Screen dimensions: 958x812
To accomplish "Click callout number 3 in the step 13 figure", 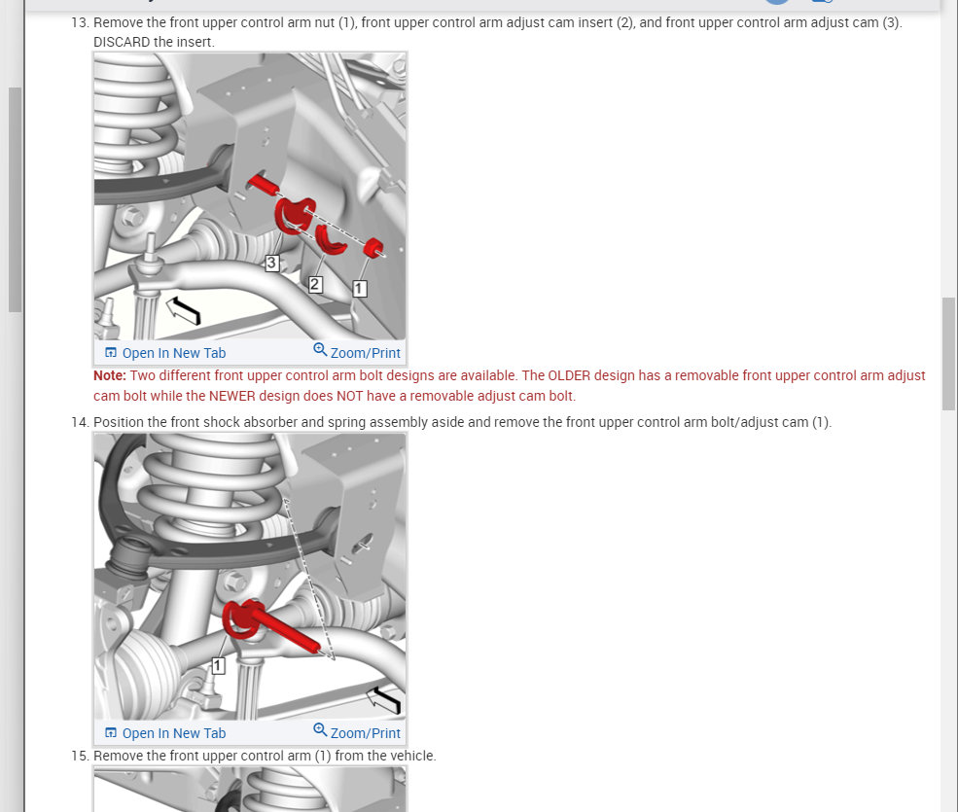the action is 272,264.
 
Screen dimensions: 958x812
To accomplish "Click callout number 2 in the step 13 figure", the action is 315,284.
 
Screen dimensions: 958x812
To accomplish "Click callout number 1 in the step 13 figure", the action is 360,289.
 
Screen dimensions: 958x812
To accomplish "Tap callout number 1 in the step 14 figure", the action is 218,666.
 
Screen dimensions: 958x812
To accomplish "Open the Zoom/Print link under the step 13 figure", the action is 357,352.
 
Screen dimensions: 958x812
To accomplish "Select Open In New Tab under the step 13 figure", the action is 165,353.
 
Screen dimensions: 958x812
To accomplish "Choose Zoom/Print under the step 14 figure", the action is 357,732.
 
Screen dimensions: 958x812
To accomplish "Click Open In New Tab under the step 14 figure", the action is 165,733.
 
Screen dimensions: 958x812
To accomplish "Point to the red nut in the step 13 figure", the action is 373,248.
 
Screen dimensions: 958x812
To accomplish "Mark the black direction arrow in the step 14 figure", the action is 384,699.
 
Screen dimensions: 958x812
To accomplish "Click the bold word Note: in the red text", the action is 110,375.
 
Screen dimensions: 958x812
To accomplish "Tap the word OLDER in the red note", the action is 569,375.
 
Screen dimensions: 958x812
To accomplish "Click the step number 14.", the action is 80,422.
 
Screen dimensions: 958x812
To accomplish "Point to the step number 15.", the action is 80,756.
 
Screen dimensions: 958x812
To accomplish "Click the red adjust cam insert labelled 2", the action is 331,240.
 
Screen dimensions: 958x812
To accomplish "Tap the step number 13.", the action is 80,22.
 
